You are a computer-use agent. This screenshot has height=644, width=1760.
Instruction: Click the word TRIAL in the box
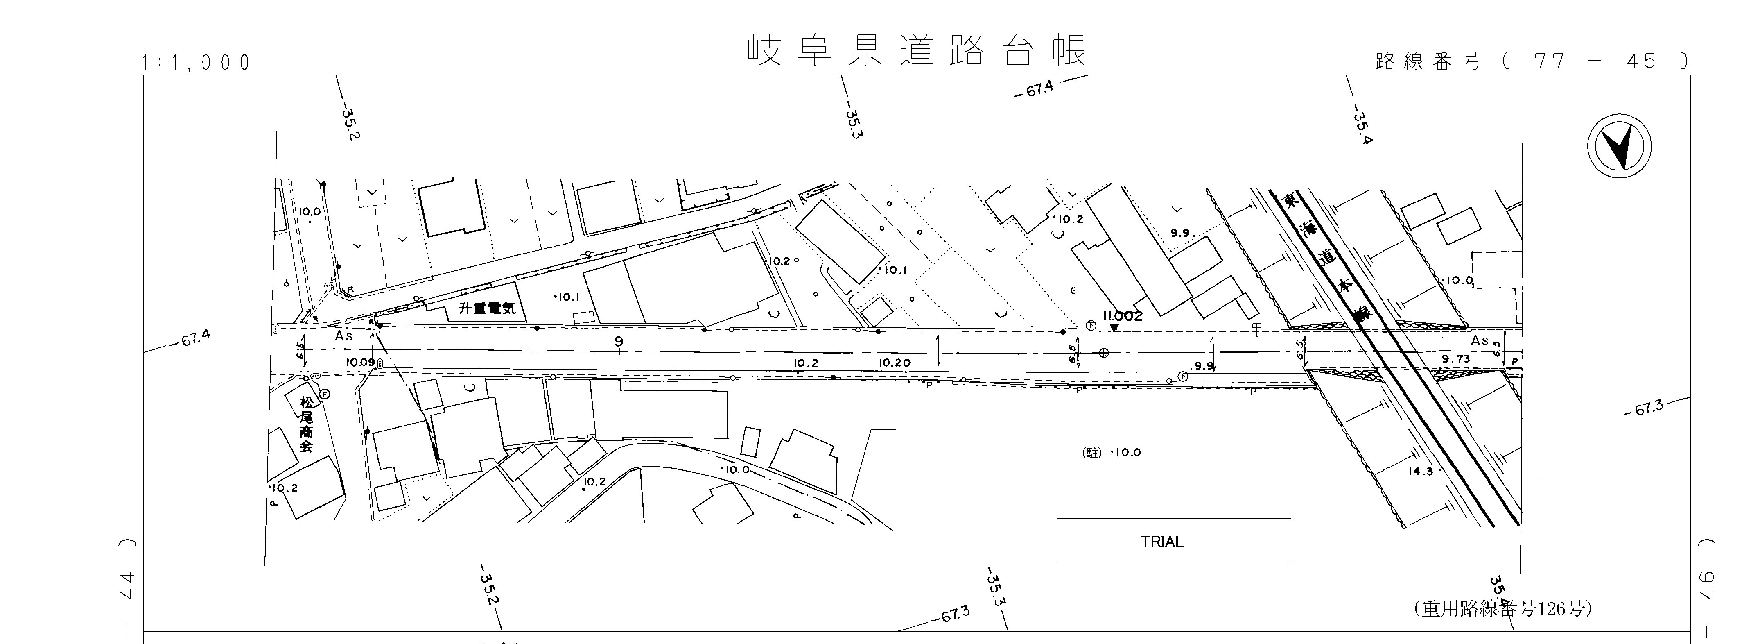coord(1162,542)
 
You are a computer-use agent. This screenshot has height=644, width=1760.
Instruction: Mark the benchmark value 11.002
coord(1123,316)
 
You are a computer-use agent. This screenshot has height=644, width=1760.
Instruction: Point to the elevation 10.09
coord(360,362)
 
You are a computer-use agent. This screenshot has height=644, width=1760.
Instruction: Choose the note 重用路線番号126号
coord(1502,608)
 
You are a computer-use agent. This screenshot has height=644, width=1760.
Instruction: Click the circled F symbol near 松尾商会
coord(325,394)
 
